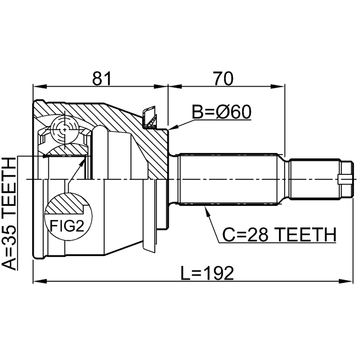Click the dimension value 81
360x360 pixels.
(102, 78)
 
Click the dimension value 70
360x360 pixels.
(223, 78)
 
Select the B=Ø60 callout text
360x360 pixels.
(222, 112)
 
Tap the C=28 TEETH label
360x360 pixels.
(279, 235)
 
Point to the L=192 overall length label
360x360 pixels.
(207, 273)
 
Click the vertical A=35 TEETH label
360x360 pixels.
(10, 214)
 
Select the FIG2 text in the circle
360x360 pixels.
(67, 226)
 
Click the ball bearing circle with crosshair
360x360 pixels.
(65, 129)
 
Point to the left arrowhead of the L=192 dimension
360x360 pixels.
(40, 281)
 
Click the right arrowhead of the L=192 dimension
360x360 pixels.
(346, 281)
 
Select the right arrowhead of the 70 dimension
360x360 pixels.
(277, 87)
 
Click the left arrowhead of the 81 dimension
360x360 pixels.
(40, 87)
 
